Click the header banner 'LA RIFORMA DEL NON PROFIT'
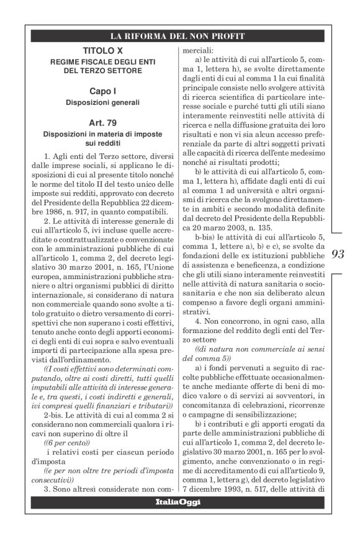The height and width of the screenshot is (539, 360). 180,35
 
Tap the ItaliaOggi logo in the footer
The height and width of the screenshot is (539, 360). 180,501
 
